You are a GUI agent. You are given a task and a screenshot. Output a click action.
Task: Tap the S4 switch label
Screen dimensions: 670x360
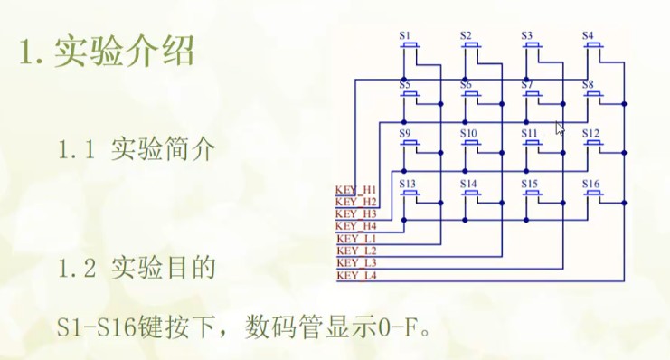(x=589, y=35)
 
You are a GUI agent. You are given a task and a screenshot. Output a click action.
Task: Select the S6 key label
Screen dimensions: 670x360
(x=467, y=84)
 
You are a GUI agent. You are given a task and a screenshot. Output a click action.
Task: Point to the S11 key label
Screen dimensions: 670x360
(x=530, y=133)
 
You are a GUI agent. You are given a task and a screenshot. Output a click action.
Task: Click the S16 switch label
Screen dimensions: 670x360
(x=591, y=183)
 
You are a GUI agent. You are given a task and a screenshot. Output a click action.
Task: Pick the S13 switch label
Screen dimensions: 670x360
(x=408, y=183)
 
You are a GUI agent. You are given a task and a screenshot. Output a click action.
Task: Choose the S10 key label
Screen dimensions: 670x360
(x=468, y=133)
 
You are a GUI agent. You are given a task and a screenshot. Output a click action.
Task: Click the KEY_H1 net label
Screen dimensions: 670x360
(x=355, y=188)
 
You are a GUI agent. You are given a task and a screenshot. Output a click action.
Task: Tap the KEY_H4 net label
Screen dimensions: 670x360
(x=355, y=225)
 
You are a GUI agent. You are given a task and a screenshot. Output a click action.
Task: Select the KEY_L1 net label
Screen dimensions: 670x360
(x=355, y=237)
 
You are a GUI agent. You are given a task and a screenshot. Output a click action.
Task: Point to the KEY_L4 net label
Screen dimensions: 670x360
(x=355, y=275)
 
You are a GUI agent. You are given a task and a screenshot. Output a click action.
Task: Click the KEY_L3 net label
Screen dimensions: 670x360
(x=355, y=262)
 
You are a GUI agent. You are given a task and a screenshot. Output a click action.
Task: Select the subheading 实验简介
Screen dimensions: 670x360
(x=164, y=149)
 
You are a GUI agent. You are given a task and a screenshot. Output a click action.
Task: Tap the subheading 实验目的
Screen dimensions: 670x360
(x=164, y=269)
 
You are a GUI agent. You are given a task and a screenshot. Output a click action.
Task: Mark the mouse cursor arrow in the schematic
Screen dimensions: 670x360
(x=560, y=128)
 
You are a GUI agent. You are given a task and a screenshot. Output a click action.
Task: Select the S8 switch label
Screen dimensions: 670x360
(x=589, y=84)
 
